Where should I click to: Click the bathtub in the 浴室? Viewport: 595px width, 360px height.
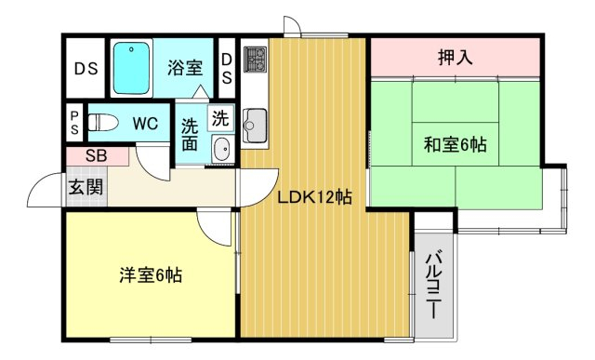131,68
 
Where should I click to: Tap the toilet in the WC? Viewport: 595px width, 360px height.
103,122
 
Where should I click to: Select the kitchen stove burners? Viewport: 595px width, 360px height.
255,60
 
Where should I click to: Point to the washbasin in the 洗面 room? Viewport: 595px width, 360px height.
221,149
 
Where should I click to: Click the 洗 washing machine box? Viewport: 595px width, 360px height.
220,118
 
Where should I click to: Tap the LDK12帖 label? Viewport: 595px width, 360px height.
314,197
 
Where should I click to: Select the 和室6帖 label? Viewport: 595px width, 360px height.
455,145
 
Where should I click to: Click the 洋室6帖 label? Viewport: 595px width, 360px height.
151,275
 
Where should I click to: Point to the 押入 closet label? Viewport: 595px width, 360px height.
455,58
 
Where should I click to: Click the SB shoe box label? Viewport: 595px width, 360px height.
97,155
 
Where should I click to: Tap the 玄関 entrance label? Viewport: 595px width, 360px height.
86,188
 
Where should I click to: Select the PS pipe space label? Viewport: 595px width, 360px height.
74,123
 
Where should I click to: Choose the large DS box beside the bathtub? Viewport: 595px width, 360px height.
86,68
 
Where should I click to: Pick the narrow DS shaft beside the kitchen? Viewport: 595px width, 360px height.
227,68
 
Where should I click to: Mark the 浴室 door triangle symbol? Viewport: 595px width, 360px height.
200,92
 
